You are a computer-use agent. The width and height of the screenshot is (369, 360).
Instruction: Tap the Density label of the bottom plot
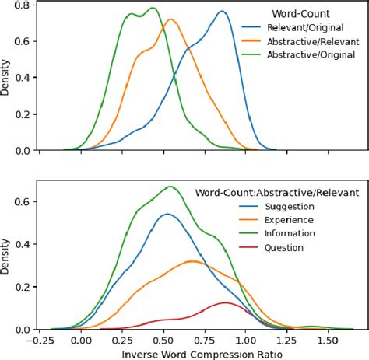click(x=7, y=258)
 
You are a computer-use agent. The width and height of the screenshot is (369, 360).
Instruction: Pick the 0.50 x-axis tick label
click(x=164, y=339)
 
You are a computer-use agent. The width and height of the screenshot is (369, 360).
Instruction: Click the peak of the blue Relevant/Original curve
click(x=223, y=12)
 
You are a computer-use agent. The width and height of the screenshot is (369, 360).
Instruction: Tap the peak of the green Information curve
click(x=169, y=187)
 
